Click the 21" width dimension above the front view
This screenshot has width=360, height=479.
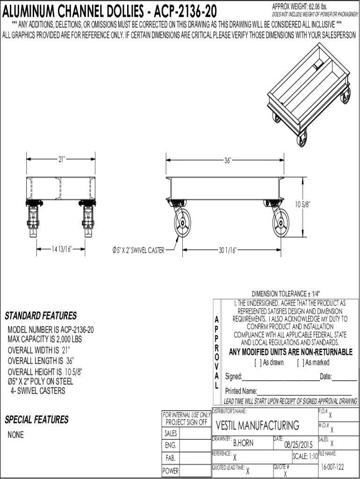62,159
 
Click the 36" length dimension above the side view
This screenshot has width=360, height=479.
227,160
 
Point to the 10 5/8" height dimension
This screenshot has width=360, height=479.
302,204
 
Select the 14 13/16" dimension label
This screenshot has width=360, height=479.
61,249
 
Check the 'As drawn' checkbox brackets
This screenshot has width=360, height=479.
257,363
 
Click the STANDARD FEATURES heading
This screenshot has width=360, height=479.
41,316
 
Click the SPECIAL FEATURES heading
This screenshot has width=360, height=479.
36,420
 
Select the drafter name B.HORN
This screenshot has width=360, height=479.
243,443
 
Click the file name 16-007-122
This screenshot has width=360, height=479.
332,467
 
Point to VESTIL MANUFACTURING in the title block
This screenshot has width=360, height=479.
258,425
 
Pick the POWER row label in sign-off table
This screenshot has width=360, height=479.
170,472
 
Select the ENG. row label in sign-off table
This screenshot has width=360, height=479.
170,445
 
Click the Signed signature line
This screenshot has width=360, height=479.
281,377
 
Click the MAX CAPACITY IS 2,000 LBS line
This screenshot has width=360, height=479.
44,339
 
